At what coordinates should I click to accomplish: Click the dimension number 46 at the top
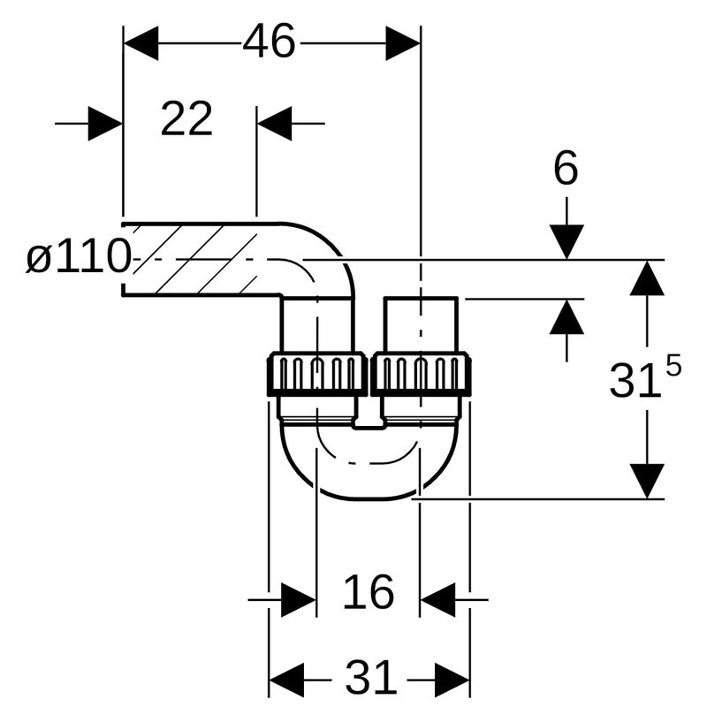click(x=270, y=42)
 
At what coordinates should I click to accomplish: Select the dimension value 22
click(x=186, y=118)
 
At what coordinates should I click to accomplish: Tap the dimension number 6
click(x=566, y=168)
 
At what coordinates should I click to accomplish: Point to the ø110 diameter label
click(x=78, y=258)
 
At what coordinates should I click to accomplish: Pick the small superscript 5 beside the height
click(x=673, y=364)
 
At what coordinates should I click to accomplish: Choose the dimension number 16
click(x=368, y=591)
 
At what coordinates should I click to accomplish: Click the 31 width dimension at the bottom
click(x=370, y=679)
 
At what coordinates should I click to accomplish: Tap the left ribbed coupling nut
click(x=316, y=374)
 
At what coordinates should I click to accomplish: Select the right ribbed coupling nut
click(x=421, y=374)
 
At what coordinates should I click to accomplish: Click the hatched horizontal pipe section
click(x=194, y=259)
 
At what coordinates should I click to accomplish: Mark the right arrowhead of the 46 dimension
click(x=403, y=42)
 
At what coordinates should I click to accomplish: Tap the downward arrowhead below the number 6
click(x=566, y=241)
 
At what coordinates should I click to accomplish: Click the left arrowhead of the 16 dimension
click(x=299, y=600)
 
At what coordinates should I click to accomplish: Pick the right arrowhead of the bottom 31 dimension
click(x=452, y=679)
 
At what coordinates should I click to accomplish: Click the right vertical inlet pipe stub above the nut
click(x=421, y=325)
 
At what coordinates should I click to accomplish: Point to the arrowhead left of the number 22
click(x=105, y=124)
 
